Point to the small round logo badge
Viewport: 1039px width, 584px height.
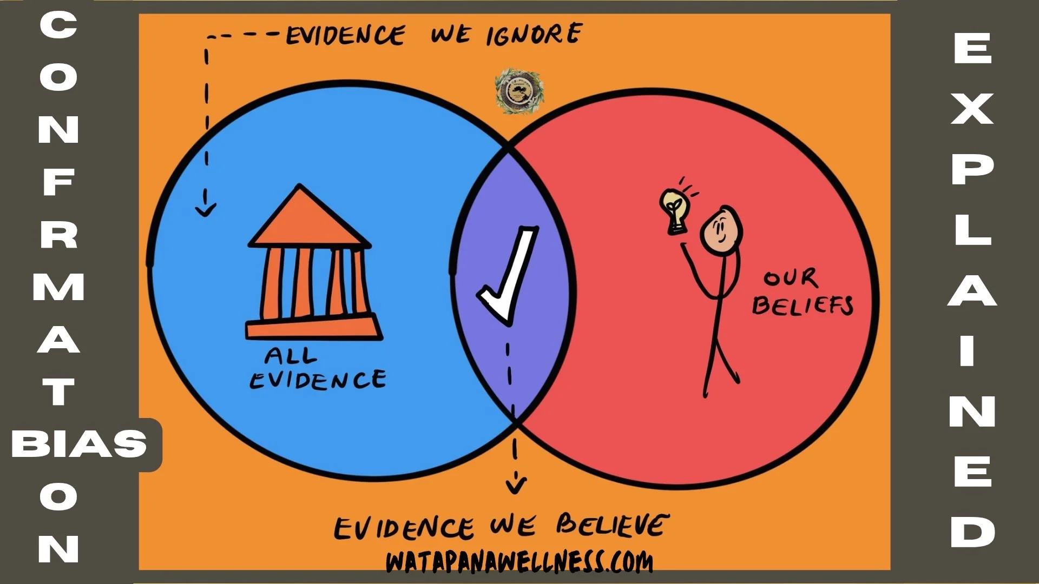[x=519, y=91]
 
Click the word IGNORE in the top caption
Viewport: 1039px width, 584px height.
[x=534, y=35]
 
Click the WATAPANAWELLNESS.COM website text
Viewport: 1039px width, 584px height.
[x=519, y=562]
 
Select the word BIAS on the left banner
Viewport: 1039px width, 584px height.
[x=79, y=444]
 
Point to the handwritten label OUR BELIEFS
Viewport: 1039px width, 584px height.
[x=801, y=293]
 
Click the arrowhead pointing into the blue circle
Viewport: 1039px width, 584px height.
[x=206, y=209]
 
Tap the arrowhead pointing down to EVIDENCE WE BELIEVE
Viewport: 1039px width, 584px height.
[x=516, y=483]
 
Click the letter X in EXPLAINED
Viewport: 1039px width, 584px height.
[x=972, y=109]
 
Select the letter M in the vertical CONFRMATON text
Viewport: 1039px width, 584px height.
[x=58, y=287]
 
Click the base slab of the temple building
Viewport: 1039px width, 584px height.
[x=314, y=328]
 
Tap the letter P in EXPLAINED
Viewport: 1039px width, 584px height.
[x=972, y=169]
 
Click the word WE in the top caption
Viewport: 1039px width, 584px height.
[x=450, y=35]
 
